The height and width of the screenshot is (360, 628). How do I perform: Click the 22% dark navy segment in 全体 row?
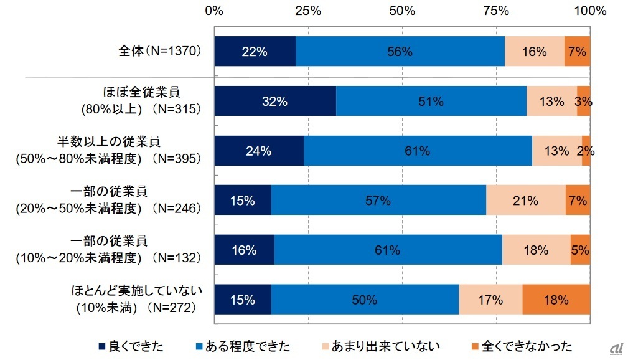point(255,52)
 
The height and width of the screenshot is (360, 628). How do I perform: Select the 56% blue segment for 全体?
point(400,52)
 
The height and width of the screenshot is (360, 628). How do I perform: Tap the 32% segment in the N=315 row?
point(274,101)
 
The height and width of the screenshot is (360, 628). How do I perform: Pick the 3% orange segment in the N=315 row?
point(583,101)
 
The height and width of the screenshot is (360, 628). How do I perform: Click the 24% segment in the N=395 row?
point(258,151)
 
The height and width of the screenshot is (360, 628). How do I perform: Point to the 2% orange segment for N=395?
point(586,151)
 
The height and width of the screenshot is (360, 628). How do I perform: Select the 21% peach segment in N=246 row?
point(525,201)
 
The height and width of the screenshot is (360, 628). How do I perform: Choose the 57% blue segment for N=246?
point(378,201)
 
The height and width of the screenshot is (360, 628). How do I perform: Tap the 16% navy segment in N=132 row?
point(244,250)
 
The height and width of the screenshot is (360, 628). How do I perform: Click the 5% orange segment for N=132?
point(580,250)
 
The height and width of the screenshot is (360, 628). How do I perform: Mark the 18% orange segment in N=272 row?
point(556,300)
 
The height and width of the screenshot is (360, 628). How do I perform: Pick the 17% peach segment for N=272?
point(490,300)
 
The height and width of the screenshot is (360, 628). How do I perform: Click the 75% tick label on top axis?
point(495,11)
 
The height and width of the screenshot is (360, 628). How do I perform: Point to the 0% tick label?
point(214,11)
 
